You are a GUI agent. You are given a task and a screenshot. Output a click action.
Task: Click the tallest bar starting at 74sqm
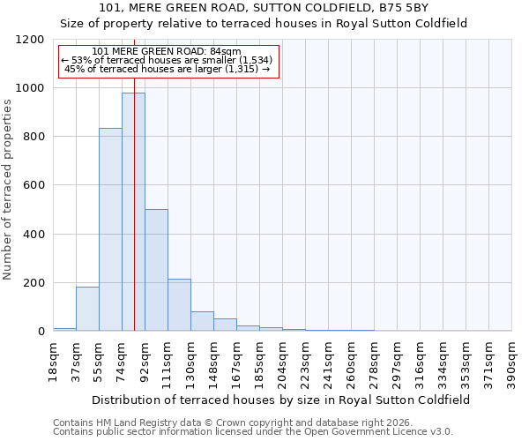pos(133,212)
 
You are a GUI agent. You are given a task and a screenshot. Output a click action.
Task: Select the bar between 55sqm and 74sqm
pos(110,229)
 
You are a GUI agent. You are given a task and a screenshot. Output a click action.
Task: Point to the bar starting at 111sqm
pos(179,305)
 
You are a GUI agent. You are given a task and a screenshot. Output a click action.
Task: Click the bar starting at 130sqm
pos(202,321)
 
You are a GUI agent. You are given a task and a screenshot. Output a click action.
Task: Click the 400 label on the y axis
pos(35,235)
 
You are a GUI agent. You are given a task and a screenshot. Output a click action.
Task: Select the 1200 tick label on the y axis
pos(32,40)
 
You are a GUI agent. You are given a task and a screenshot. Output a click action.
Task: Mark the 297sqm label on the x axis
pos(398,361)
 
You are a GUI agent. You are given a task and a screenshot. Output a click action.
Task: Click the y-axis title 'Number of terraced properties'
pos(8,190)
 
